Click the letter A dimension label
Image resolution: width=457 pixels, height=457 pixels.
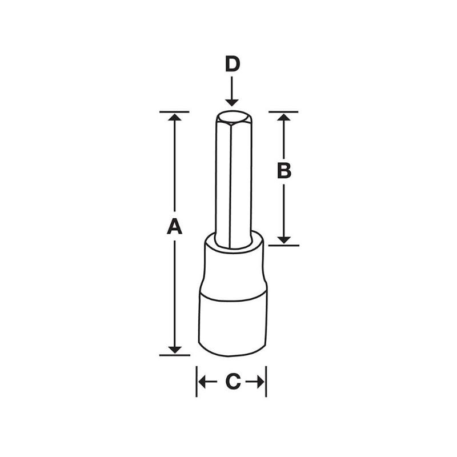(x=174, y=227)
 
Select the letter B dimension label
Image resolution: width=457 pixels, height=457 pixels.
(x=284, y=170)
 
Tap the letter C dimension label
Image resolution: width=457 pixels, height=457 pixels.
(x=231, y=382)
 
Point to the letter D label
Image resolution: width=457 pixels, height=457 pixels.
(x=231, y=64)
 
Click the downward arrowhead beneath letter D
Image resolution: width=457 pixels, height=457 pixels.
(x=231, y=102)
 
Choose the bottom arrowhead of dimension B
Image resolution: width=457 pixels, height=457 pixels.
(x=284, y=240)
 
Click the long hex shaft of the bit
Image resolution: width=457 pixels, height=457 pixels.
(x=231, y=183)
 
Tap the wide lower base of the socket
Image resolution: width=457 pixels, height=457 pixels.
(x=232, y=326)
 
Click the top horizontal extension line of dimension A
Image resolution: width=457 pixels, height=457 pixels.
(x=175, y=111)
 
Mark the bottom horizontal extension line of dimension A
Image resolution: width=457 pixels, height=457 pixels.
(x=175, y=355)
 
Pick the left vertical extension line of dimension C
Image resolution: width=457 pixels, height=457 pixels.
(x=197, y=382)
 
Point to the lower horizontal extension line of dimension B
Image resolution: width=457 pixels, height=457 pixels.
(x=284, y=245)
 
